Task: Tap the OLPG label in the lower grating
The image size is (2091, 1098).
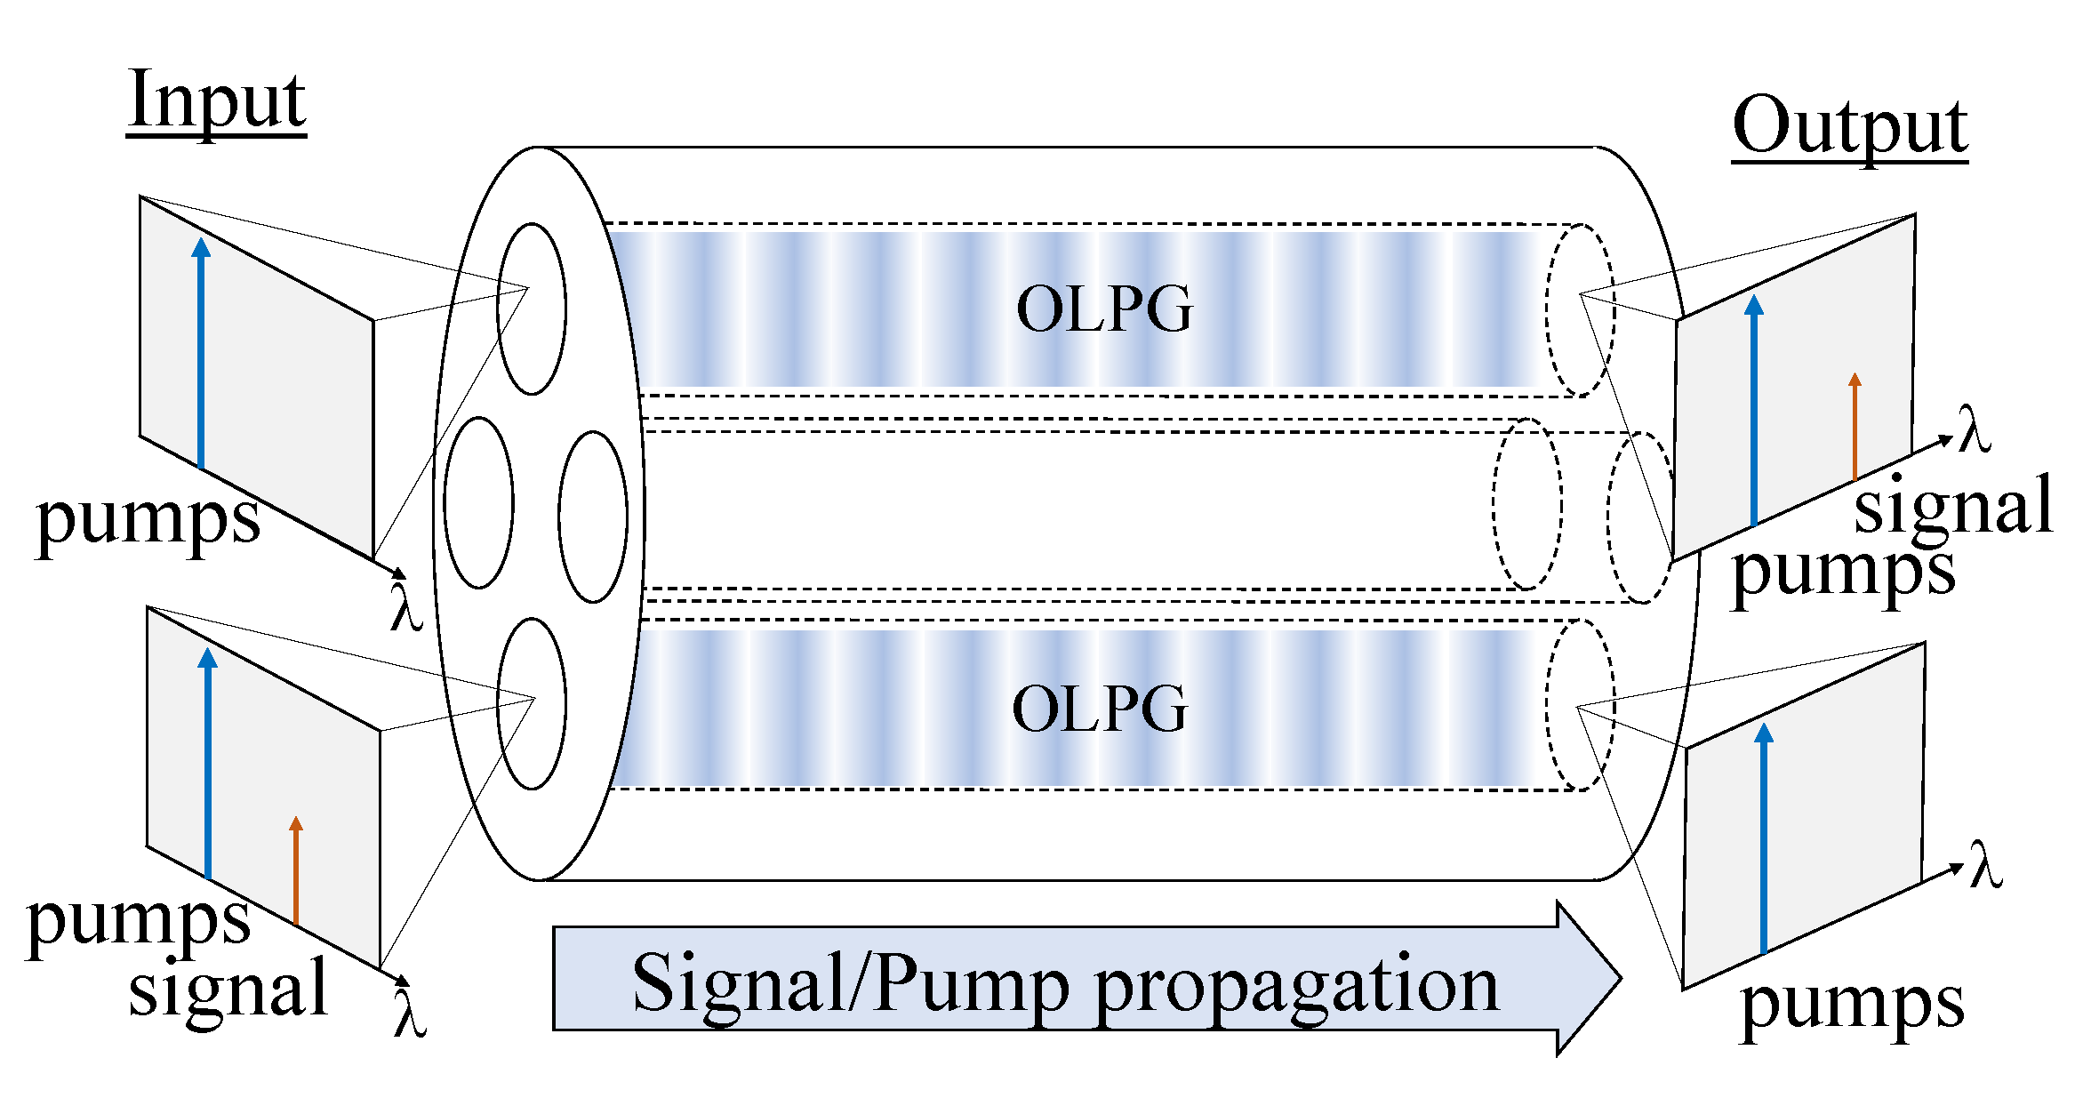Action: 1100,709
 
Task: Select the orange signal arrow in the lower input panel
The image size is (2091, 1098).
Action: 296,871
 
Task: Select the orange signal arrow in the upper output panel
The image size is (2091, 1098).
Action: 1855,427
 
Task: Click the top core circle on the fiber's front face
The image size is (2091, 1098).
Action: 532,309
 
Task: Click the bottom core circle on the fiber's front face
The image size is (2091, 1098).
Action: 532,704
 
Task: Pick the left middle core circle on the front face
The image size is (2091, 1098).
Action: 478,503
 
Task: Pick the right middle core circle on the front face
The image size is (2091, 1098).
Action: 593,517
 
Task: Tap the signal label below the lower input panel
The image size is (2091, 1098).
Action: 228,990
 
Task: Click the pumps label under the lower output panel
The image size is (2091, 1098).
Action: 1852,1005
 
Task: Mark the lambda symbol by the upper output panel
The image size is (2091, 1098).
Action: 1975,429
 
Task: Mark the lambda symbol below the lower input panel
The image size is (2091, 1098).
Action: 410,1014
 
